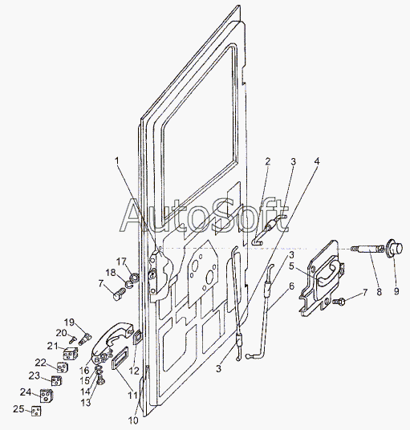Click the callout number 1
[x=117, y=160]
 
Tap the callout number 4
[x=317, y=161]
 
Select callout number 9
[x=396, y=291]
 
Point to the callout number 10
[x=133, y=420]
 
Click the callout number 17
[x=121, y=262]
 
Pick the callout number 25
[x=18, y=409]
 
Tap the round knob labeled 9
[x=394, y=247]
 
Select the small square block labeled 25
[x=36, y=412]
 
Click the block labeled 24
[x=47, y=396]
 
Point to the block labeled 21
[x=71, y=353]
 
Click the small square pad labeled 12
[x=137, y=337]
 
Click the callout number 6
[x=291, y=286]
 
